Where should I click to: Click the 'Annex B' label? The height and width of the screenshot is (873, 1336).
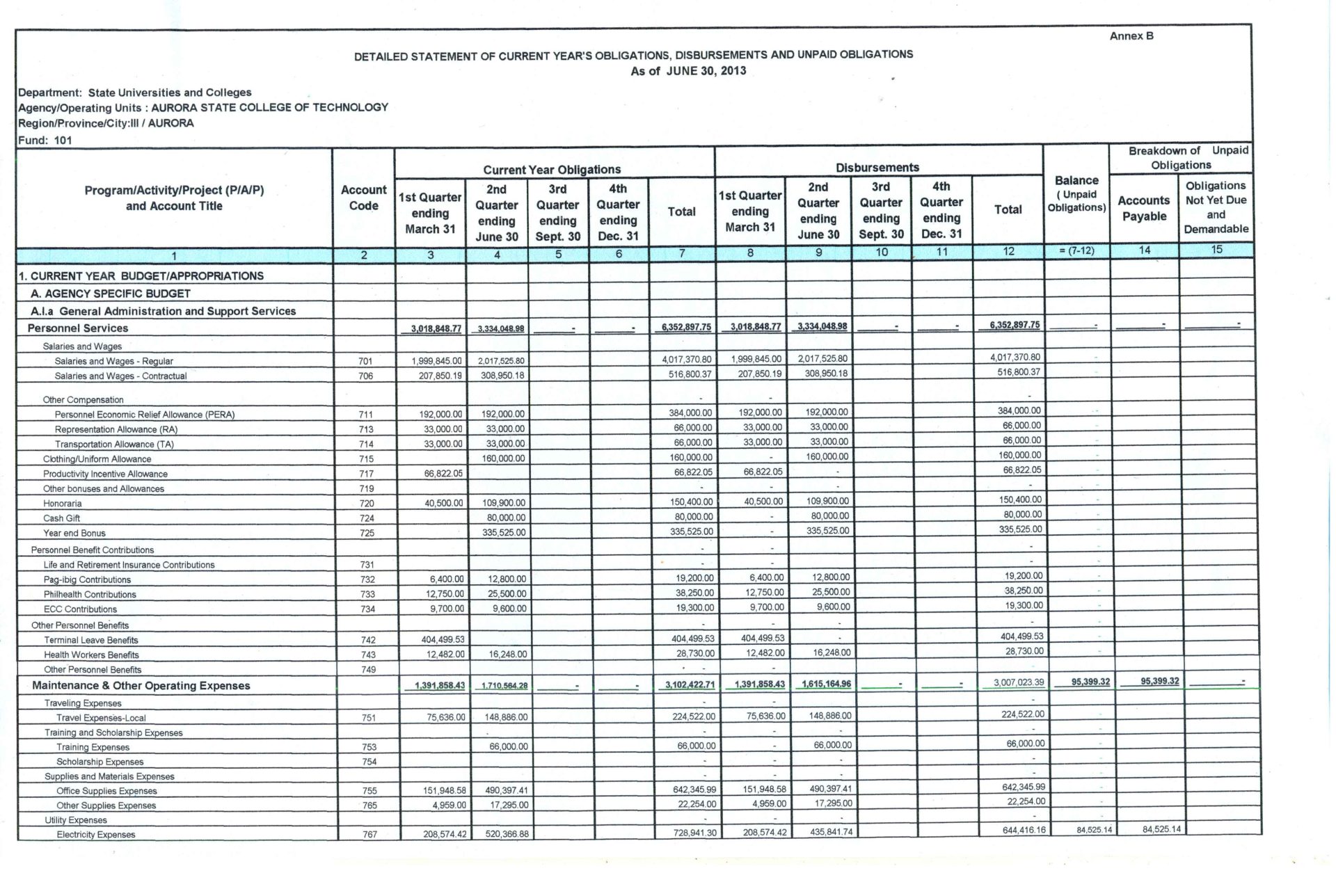coord(1131,36)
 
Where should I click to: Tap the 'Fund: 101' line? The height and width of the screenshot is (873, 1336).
coord(45,140)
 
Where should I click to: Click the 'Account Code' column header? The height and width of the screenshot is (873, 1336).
coord(363,198)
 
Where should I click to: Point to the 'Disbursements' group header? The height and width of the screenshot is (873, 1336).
coord(877,168)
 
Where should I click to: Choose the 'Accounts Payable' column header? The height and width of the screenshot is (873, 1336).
coord(1144,209)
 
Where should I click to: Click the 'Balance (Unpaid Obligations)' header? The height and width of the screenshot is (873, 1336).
coord(1076,194)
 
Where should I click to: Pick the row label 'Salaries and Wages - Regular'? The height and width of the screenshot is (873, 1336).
coord(113,361)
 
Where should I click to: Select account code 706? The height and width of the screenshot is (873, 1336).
coord(366,376)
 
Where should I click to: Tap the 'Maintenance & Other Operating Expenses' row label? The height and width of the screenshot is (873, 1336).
coord(141,686)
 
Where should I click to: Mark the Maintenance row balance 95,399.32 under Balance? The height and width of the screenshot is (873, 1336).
coord(1090,682)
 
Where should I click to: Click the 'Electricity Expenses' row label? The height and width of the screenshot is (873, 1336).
coord(96,835)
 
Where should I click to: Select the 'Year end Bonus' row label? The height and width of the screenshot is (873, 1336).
coord(74,534)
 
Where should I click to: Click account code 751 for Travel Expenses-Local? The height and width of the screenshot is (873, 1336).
coord(369,719)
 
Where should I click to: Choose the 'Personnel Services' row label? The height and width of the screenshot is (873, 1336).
coord(78,328)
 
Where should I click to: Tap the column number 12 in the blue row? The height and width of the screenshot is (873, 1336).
coord(1008,252)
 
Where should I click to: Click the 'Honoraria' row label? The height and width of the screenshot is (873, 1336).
coord(63,504)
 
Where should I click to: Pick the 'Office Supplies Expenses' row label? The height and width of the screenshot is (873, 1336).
coord(106,791)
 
